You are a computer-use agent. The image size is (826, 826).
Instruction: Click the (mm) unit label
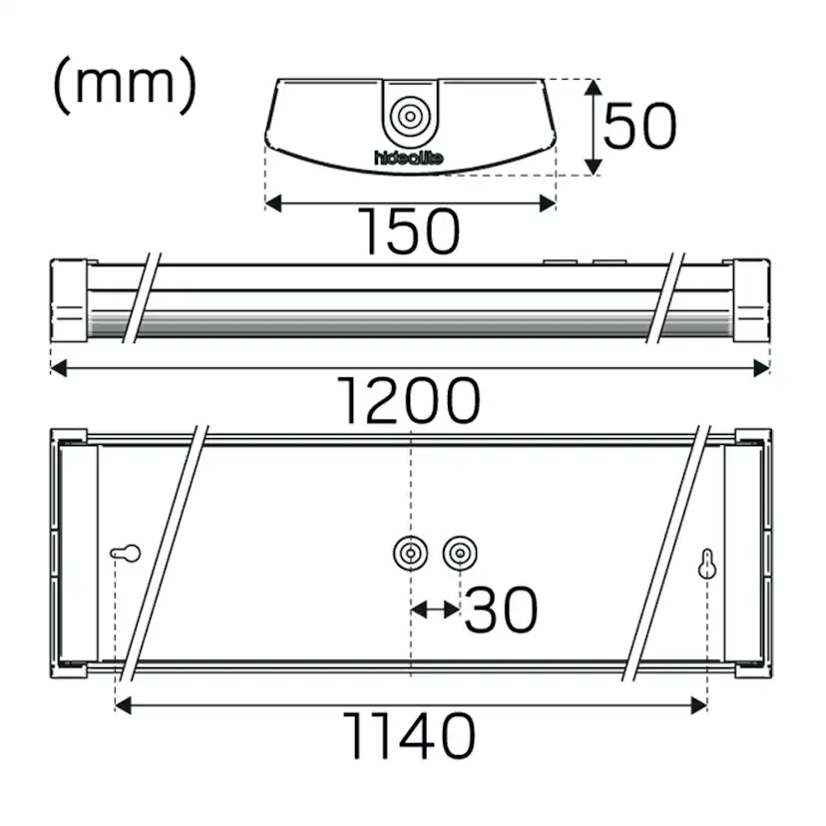[124, 86]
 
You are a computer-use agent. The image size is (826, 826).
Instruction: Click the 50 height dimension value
[640, 127]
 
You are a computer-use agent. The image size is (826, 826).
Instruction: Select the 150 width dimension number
[410, 231]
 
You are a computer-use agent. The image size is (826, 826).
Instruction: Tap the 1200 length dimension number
[409, 402]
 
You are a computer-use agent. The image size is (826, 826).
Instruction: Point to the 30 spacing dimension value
[501, 611]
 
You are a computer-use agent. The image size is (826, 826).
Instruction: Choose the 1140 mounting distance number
[409, 738]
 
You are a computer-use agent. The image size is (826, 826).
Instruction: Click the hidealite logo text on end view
[409, 159]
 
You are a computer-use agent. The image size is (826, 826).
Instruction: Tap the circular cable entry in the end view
[410, 117]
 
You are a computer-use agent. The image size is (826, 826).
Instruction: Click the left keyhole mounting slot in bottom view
[126, 553]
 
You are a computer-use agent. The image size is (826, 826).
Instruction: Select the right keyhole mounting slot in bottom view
[707, 565]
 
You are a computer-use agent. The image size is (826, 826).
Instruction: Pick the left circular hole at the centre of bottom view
[411, 552]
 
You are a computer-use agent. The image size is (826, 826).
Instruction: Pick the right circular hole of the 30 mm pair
[459, 552]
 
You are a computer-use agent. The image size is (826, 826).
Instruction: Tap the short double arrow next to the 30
[435, 608]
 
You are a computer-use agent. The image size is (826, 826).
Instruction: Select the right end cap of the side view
[750, 300]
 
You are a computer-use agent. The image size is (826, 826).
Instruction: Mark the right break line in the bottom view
[666, 554]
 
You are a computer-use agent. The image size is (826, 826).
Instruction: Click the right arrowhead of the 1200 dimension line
[762, 368]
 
